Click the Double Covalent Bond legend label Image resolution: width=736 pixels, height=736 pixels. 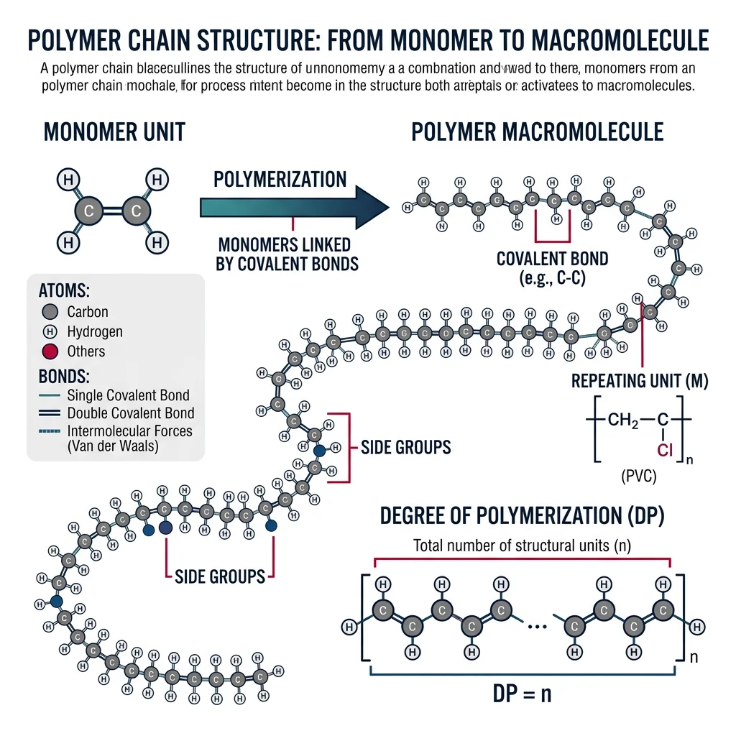(x=130, y=413)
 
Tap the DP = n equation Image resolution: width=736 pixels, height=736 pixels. (x=522, y=694)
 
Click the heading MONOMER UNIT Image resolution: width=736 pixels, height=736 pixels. (x=114, y=132)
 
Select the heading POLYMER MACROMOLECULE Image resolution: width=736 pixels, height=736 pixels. (x=538, y=132)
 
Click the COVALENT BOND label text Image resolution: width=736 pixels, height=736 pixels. (x=552, y=259)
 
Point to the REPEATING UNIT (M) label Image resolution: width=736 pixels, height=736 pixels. (x=640, y=382)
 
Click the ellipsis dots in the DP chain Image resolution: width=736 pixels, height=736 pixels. (x=537, y=626)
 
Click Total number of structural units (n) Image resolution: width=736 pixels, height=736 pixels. (x=522, y=546)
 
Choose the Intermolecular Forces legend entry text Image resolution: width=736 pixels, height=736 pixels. (x=129, y=432)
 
